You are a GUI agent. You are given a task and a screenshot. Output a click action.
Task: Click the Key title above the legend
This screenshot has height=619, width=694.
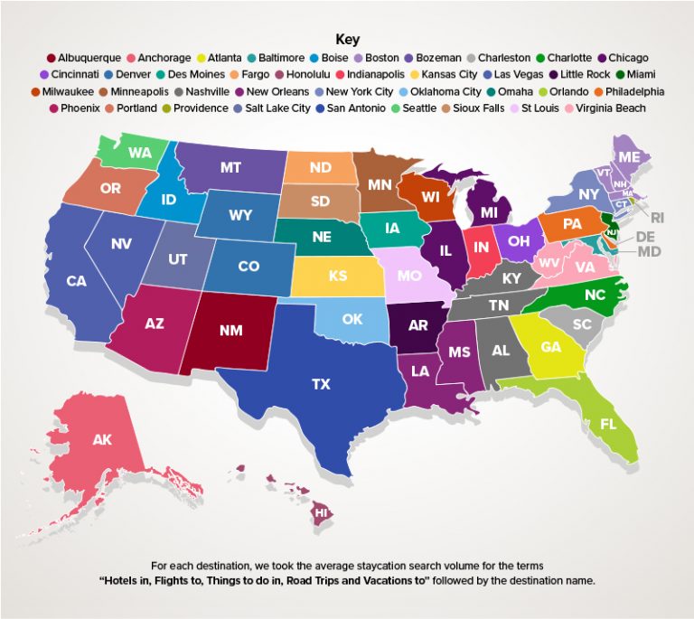(347, 39)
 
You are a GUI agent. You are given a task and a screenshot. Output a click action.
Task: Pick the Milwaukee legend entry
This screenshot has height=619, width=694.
(70, 92)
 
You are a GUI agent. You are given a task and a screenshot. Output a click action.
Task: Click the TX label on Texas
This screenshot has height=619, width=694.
(321, 384)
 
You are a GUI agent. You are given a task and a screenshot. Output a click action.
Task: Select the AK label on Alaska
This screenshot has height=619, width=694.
(102, 440)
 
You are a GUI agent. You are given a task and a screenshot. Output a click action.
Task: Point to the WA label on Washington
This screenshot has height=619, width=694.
(139, 153)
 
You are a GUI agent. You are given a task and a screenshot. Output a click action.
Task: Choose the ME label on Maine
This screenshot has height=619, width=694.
(629, 156)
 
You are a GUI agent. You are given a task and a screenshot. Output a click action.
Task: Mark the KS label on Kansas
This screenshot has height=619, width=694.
(337, 276)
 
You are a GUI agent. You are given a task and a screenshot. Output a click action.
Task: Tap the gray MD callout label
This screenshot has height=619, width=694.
(649, 251)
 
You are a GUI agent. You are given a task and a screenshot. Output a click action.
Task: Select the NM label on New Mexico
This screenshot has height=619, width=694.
(230, 331)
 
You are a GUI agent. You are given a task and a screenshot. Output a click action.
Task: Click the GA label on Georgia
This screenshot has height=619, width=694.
(550, 347)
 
